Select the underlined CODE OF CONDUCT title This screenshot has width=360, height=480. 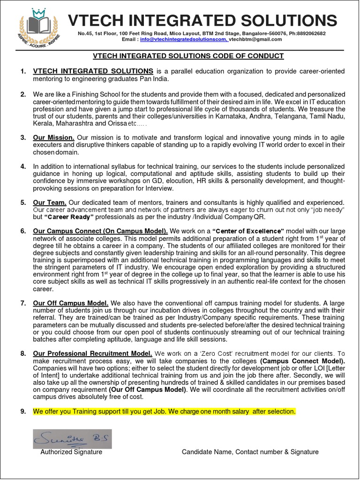(188, 56)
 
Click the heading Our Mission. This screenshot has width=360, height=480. (54, 137)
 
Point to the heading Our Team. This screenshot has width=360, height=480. (50, 202)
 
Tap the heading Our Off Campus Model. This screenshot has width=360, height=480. (71, 303)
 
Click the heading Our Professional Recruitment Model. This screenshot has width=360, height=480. (92, 353)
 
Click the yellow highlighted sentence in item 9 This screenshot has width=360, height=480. (164, 411)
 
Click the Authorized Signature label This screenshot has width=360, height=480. (71, 452)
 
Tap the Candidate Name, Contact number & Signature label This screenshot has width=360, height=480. (250, 452)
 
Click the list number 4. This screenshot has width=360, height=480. (23, 166)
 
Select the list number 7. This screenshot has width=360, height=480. (23, 303)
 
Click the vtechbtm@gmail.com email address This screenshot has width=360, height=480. (255, 39)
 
